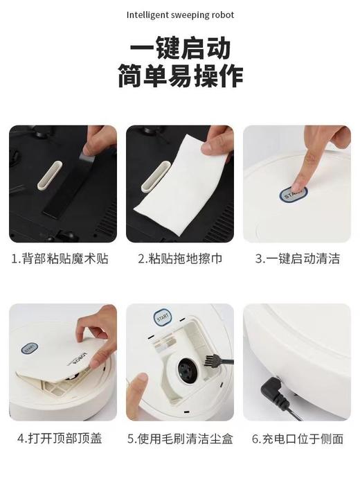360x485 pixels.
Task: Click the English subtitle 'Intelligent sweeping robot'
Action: [x=180, y=13]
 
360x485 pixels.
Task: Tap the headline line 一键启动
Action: [x=180, y=49]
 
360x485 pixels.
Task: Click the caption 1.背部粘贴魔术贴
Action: [x=60, y=259]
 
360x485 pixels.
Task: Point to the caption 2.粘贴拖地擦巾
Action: [x=180, y=259]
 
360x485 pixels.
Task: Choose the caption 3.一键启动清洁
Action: [x=298, y=259]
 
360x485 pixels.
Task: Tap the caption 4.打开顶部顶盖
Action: [x=60, y=439]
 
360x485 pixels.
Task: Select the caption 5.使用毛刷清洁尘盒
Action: [x=180, y=439]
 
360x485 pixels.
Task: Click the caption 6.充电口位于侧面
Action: [x=298, y=439]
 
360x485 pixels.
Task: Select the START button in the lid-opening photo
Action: [x=29, y=349]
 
